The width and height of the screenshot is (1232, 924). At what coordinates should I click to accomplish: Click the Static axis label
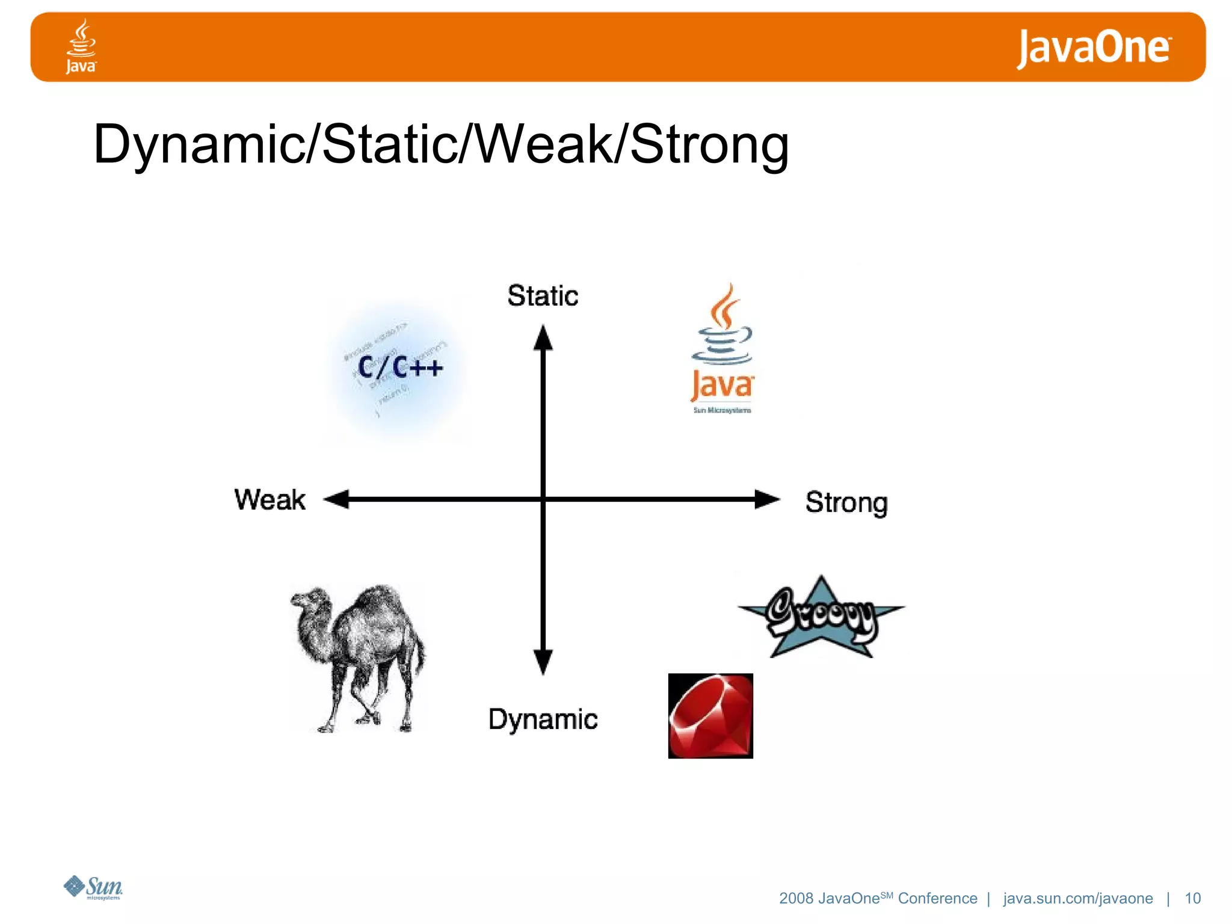coord(543,296)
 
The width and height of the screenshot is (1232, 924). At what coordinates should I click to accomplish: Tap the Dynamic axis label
coord(543,719)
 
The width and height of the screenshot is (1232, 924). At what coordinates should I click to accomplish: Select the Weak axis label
coord(270,500)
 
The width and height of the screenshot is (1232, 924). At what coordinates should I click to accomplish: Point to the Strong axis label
coord(846,503)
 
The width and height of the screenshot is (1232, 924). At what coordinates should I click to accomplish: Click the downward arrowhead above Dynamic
coord(543,662)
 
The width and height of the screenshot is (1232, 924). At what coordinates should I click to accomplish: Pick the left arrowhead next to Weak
coord(337,499)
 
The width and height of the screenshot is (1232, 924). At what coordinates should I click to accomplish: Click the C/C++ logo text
coord(400,367)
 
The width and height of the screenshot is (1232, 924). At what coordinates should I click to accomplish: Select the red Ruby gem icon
coord(710,716)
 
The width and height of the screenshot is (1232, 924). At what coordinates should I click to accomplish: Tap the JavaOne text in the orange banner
coord(1094,48)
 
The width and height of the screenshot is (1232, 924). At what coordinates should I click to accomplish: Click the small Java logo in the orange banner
coord(81,46)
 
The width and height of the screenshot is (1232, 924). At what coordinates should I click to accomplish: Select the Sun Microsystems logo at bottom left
coord(94,887)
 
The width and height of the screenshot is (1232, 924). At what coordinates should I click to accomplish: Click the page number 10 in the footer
coord(1192,898)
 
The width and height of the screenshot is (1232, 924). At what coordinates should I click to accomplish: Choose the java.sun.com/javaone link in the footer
coord(1078,898)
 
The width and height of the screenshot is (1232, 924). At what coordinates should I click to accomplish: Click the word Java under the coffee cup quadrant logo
coord(721,385)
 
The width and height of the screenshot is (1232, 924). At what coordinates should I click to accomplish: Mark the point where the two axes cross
coord(543,499)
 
